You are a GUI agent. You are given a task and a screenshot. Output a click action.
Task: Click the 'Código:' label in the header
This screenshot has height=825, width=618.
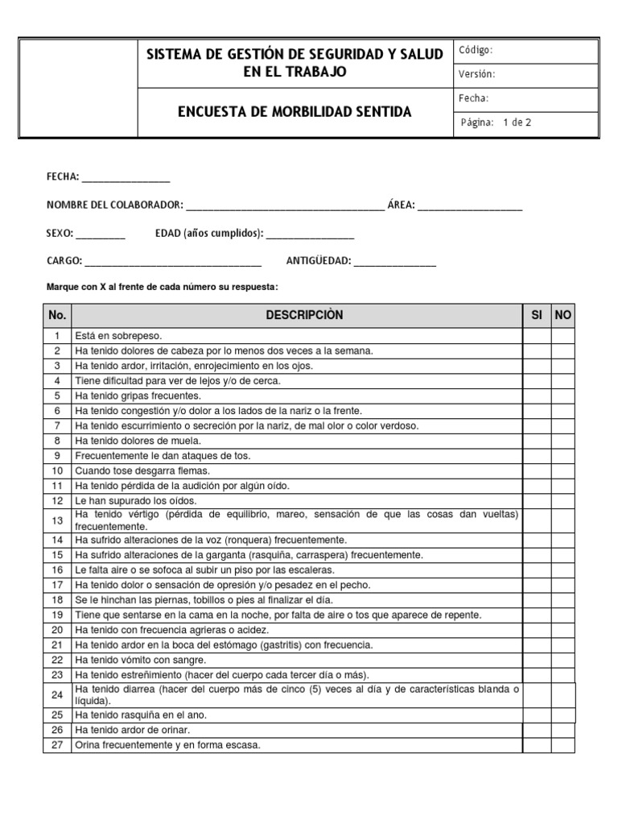click(476, 50)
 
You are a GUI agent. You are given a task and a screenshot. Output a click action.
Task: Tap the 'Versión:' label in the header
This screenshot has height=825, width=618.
click(477, 74)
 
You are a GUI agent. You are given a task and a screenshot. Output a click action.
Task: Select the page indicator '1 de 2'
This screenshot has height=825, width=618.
click(517, 123)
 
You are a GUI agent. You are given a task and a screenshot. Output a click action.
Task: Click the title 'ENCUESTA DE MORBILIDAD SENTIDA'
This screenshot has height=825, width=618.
click(294, 112)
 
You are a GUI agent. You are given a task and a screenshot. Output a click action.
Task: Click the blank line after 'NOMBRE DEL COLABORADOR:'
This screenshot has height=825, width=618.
click(285, 206)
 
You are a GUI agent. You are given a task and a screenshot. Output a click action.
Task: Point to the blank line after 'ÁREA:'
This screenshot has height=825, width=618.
click(470, 206)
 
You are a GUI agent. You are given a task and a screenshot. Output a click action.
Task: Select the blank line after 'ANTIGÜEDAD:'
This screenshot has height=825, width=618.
click(394, 262)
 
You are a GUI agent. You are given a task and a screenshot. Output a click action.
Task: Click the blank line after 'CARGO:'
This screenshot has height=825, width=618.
click(173, 262)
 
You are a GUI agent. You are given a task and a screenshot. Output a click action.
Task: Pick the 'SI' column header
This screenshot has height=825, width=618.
click(537, 315)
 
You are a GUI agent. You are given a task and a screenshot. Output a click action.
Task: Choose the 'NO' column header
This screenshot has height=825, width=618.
click(563, 315)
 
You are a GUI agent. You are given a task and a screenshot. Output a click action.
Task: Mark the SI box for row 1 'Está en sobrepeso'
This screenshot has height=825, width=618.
click(537, 335)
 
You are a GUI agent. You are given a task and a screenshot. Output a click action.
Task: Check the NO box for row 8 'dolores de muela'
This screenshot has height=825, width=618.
click(563, 440)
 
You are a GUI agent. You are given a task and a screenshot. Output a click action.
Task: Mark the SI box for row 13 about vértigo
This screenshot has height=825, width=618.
click(537, 520)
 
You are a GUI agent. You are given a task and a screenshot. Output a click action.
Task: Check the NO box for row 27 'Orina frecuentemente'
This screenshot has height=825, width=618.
click(563, 745)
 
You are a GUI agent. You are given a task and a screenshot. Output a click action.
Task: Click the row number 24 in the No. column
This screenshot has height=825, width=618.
click(57, 694)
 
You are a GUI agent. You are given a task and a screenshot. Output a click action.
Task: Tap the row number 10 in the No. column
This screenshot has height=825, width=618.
click(57, 471)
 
